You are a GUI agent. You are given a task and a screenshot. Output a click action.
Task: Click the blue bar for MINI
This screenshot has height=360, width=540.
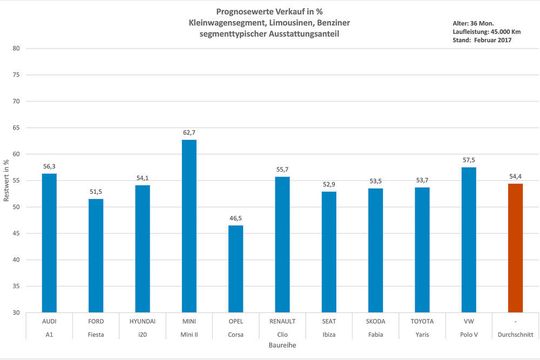(x=189, y=226)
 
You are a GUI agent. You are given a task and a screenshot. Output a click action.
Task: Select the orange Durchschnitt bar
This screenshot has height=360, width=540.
(x=515, y=248)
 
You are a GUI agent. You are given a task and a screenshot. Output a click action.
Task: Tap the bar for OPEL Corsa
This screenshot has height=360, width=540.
(x=235, y=269)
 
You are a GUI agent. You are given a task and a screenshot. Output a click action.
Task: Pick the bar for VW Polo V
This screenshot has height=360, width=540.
(x=468, y=240)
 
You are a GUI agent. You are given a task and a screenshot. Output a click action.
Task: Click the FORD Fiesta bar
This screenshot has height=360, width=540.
(x=96, y=256)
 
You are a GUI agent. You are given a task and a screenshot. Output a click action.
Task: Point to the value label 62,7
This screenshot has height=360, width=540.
(x=189, y=132)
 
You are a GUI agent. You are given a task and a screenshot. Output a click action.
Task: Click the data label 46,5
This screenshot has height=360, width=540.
(x=235, y=218)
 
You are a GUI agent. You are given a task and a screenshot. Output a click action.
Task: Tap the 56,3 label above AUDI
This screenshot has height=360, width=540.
(x=49, y=166)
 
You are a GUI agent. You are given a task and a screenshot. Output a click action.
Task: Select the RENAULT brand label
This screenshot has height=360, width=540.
(x=282, y=322)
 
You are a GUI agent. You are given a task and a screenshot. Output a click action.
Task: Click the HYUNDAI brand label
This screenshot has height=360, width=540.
(x=142, y=322)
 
